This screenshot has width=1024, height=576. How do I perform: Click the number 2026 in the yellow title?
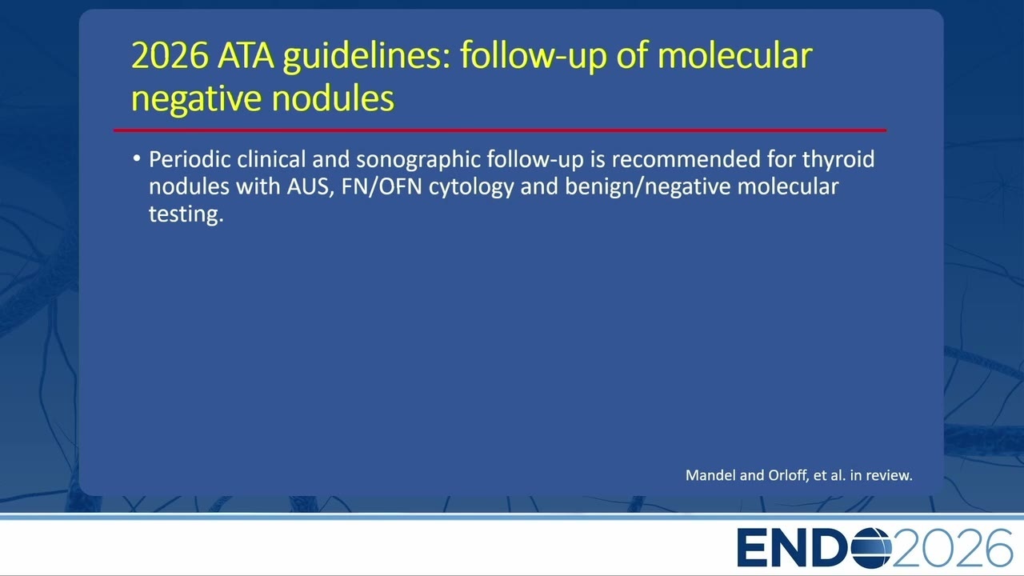[170, 55]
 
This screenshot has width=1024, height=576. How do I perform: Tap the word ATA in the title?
[246, 55]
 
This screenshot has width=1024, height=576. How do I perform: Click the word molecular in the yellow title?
[734, 55]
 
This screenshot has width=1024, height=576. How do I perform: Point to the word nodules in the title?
[333, 98]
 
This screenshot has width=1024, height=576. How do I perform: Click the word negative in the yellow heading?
[197, 100]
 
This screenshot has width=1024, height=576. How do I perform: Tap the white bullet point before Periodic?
[137, 158]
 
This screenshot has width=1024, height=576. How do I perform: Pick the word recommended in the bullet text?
[686, 159]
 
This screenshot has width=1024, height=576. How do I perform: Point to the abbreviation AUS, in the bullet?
[310, 187]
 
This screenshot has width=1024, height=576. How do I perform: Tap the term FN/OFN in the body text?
[382, 187]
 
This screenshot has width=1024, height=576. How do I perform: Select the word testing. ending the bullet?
[186, 214]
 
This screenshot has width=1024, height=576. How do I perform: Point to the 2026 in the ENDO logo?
[952, 548]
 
